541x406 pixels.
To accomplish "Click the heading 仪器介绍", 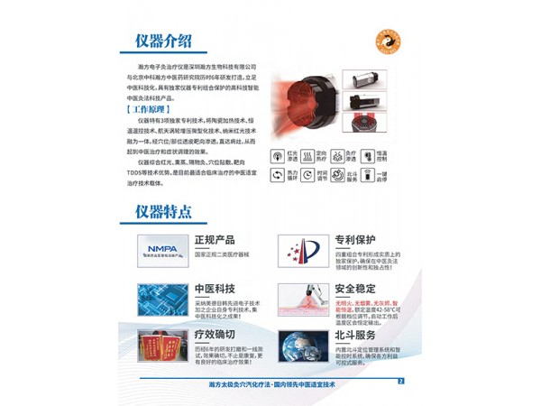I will (163, 42).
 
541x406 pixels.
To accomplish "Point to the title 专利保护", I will (355, 241).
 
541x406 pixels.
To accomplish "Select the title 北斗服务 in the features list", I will (355, 335).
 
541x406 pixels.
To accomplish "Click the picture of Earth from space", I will (303, 346).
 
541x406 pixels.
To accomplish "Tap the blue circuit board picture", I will (162, 299).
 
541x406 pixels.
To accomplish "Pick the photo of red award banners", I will (162, 346).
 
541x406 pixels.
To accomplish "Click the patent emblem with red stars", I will (303, 251).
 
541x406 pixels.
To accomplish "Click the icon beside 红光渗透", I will (279, 155).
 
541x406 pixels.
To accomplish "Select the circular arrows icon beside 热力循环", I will (279, 175).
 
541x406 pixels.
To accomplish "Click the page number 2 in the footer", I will (400, 380).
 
